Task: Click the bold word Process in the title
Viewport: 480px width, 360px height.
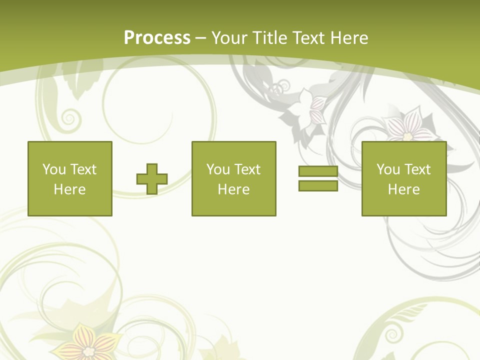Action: pos(157,38)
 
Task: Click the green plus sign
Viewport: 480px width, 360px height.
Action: pos(152,179)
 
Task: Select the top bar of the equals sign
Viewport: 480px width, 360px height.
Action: pos(318,171)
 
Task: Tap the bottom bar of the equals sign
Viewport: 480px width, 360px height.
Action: pos(318,185)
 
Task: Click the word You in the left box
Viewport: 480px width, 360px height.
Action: pos(54,169)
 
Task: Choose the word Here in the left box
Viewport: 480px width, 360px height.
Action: pos(69,189)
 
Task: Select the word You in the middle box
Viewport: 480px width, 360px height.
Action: pos(218,169)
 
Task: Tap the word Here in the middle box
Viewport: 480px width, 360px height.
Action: pos(233,189)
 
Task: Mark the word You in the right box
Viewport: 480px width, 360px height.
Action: pos(388,169)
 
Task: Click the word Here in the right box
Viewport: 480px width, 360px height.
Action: pos(403,189)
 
